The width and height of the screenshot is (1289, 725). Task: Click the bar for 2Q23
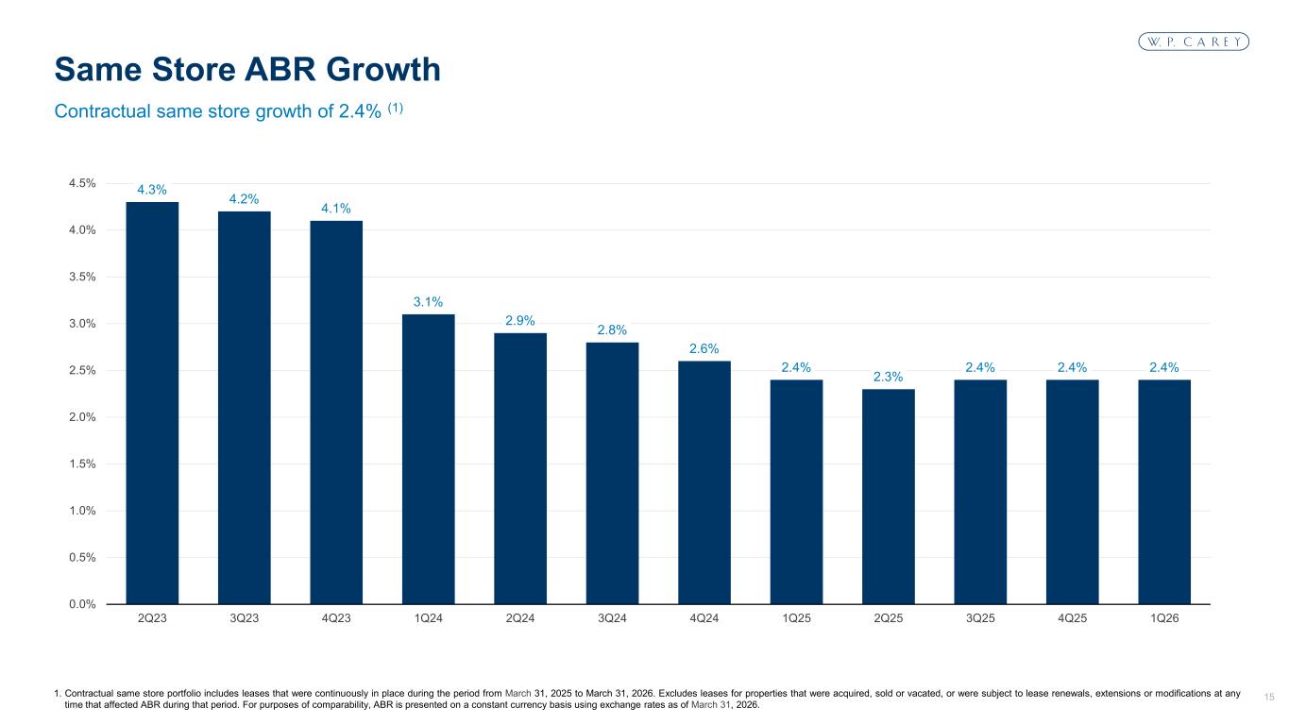coord(152,403)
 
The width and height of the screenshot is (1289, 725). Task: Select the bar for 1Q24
coord(428,459)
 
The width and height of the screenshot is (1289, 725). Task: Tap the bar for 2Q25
coord(889,497)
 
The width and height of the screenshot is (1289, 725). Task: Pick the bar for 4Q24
coord(704,482)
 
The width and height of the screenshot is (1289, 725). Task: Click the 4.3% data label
coord(152,190)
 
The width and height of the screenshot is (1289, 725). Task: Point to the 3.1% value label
coord(428,302)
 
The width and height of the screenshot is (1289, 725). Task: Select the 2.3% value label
coord(889,377)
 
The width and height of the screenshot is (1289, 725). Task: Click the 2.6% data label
coord(704,348)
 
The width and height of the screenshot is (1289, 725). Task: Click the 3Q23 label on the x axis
coord(244,619)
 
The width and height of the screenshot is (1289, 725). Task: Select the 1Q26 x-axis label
coord(1164,619)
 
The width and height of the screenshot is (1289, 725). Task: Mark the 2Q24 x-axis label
coord(520,619)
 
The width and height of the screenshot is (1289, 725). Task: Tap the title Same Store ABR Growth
coord(247,69)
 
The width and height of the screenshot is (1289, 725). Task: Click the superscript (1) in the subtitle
coord(394,108)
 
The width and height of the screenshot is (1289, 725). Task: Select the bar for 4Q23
coord(336,413)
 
